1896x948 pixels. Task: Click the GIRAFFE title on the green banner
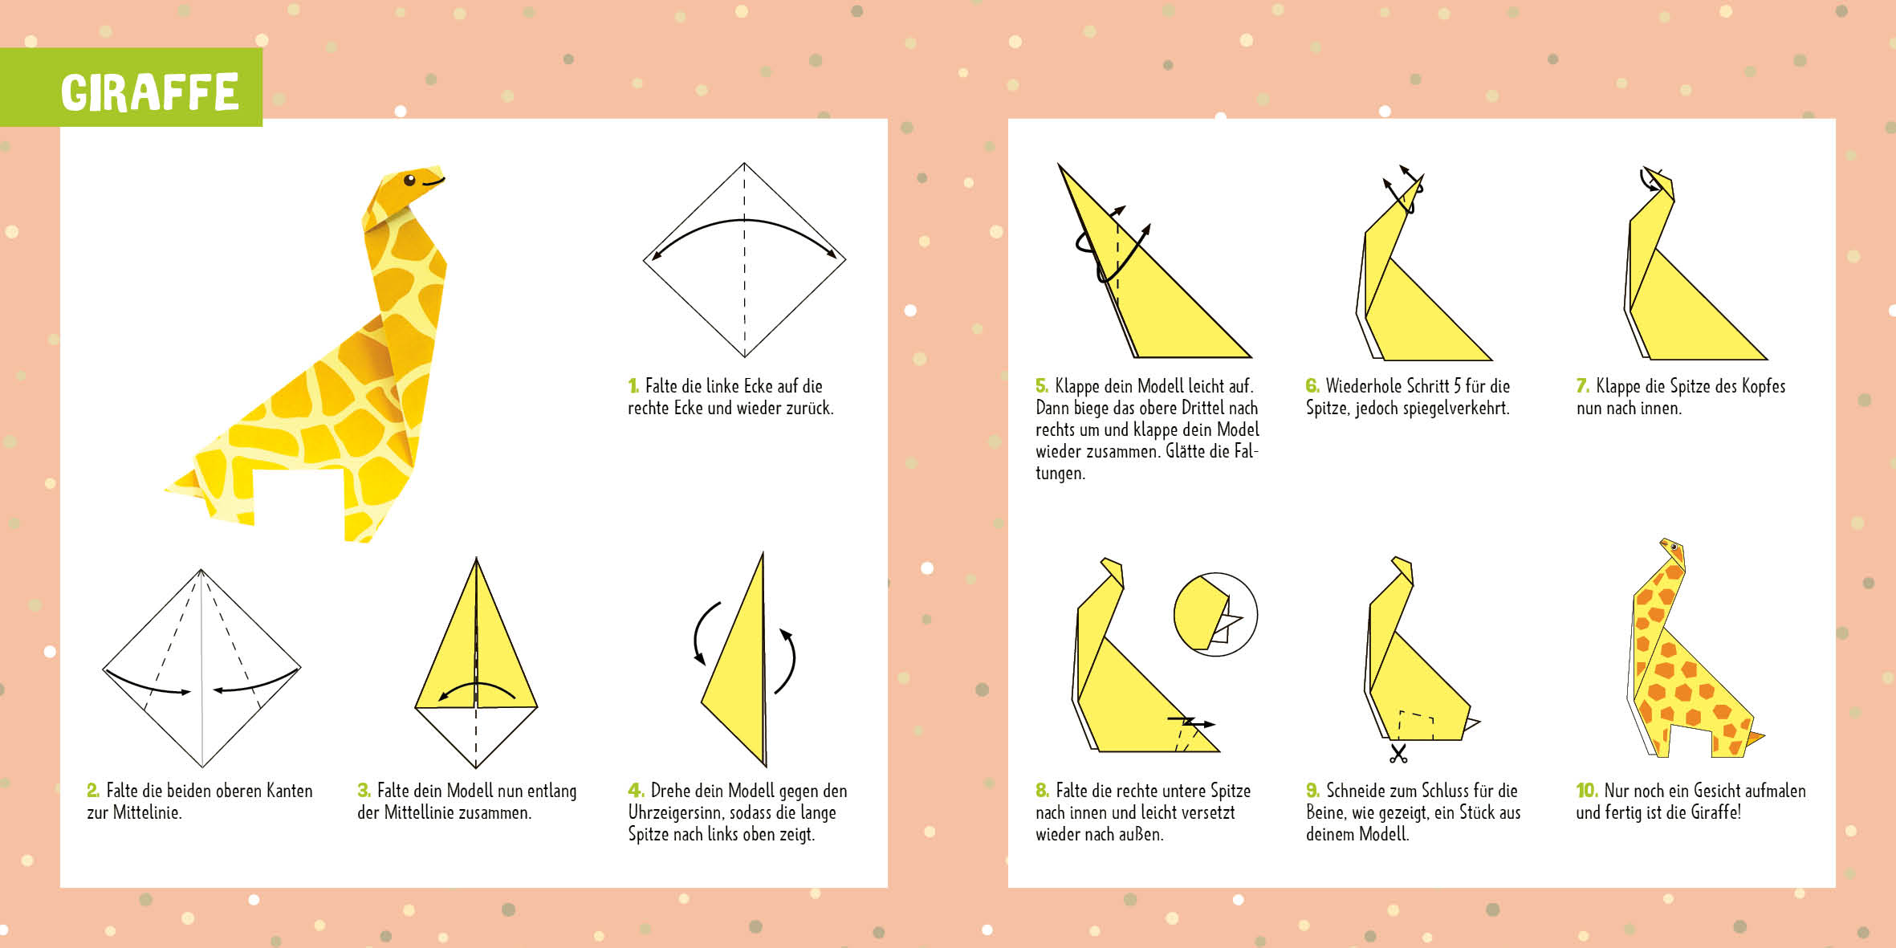coord(150,92)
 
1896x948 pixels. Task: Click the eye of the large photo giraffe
coord(409,180)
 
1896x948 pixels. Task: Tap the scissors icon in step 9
coord(1398,754)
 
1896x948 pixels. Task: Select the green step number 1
coord(633,386)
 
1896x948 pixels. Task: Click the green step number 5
coord(1042,386)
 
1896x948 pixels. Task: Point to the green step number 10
coord(1586,791)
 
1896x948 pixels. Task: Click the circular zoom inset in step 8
coord(1215,614)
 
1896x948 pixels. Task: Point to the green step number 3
coord(364,791)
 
